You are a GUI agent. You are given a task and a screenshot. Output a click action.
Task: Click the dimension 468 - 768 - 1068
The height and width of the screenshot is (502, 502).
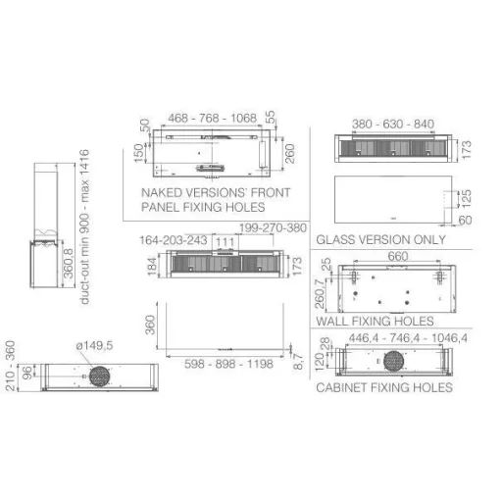(213, 118)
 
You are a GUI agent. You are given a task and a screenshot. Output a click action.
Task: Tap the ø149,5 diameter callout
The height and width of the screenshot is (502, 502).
(94, 345)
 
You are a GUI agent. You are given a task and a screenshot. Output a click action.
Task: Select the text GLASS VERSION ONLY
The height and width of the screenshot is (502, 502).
(380, 240)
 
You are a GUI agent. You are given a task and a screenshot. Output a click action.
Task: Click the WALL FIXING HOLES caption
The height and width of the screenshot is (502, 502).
(375, 322)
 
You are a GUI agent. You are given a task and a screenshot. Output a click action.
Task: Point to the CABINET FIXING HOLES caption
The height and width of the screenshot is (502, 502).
(384, 387)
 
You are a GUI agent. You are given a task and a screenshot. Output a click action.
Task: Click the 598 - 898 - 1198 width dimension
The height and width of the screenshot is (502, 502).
(228, 364)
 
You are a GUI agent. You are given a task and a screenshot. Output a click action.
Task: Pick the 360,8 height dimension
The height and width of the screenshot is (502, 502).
(68, 264)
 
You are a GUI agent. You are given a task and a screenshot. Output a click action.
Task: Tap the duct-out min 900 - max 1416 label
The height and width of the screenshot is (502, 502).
(84, 226)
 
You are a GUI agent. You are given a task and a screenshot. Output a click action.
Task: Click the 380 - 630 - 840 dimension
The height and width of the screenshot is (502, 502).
(393, 125)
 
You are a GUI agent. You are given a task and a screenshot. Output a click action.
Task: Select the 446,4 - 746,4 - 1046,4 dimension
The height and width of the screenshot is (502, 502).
(408, 338)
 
